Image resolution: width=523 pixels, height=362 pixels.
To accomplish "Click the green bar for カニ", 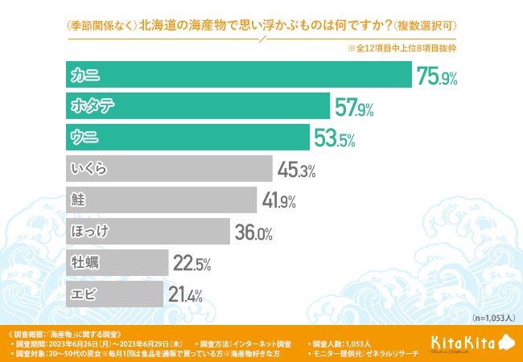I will (x=238, y=76).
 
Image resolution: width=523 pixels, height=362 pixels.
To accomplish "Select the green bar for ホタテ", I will (x=197, y=107).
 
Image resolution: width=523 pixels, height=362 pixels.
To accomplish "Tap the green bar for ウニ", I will (x=187, y=138).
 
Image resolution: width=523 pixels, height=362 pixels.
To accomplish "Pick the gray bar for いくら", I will (x=169, y=169).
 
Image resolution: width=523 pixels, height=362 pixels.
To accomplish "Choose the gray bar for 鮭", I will (x=161, y=200).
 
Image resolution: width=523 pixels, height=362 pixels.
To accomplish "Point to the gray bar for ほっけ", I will (x=148, y=232).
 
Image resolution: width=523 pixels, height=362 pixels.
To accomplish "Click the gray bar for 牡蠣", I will (x=117, y=262).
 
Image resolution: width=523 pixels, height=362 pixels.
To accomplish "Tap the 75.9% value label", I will (x=436, y=76).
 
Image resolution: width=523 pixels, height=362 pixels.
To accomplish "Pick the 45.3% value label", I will (x=296, y=170).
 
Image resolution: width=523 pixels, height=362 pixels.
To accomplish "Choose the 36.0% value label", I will (x=253, y=232).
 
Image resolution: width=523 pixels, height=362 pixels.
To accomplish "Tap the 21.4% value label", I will (x=185, y=294).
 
